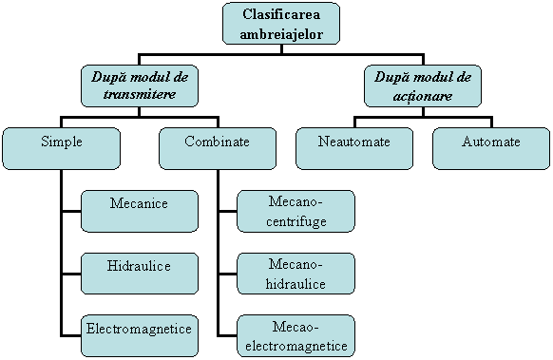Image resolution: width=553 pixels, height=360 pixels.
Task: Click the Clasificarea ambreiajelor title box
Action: [280, 25]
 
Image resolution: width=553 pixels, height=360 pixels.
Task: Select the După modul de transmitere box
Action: [140, 85]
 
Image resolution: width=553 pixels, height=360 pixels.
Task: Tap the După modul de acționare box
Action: [422, 85]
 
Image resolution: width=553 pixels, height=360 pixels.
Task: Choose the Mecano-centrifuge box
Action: [296, 211]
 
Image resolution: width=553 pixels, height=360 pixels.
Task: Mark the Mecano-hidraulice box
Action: [296, 274]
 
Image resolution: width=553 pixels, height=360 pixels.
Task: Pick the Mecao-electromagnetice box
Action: [296, 335]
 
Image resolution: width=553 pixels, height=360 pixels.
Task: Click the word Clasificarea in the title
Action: [280, 16]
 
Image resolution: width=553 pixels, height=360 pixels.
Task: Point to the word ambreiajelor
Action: [280, 34]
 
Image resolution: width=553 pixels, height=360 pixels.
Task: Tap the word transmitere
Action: [140, 95]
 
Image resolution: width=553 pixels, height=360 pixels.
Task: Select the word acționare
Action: [422, 95]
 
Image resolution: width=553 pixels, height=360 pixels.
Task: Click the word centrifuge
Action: [296, 220]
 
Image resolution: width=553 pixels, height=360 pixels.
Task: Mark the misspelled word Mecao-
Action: [296, 326]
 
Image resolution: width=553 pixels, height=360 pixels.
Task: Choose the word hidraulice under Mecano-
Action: [296, 283]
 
